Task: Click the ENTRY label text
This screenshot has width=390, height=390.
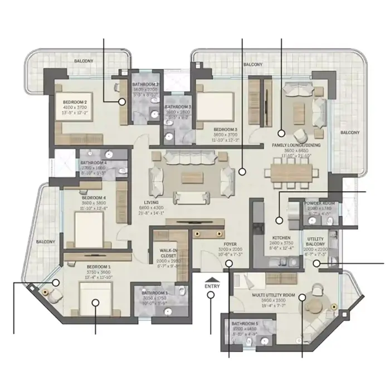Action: [212, 286]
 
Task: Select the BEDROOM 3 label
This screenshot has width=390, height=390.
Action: [226, 129]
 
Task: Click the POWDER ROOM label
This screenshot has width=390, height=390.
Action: [320, 203]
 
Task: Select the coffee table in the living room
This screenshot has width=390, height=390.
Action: [189, 177]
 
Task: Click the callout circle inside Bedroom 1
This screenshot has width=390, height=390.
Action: [95, 304]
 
